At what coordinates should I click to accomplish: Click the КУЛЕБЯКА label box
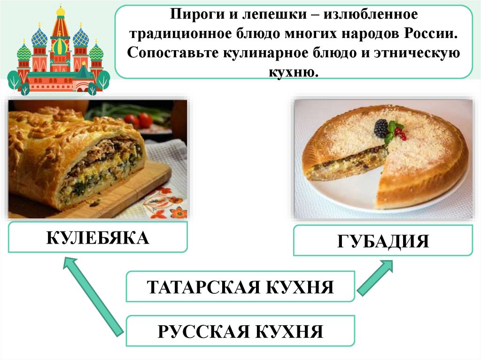click(98, 237)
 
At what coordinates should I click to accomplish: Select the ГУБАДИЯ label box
click(383, 241)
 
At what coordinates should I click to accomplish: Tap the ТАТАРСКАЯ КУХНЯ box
click(240, 286)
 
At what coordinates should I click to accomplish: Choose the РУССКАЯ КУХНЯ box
click(240, 331)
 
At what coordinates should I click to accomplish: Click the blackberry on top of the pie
click(381, 128)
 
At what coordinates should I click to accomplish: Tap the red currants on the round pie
click(401, 133)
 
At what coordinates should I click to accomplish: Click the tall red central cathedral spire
click(61, 28)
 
